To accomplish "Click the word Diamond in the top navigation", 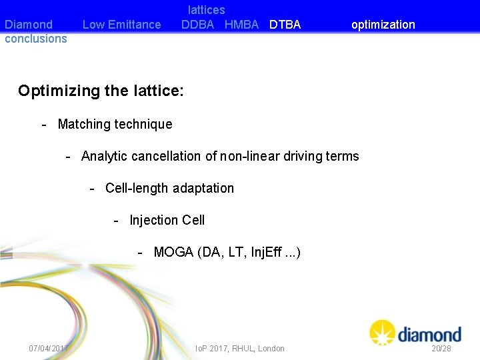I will (29, 25).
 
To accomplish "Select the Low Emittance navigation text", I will (121, 25).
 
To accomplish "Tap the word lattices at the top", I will (206, 10).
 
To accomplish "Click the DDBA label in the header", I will (198, 25).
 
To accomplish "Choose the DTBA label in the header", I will (285, 25).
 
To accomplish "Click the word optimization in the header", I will (383, 25).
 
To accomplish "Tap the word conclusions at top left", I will (36, 39).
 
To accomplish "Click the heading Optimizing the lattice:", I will (101, 91).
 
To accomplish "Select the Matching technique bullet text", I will (115, 124).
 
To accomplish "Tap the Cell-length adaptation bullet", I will (169, 188).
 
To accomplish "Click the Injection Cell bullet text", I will (167, 220).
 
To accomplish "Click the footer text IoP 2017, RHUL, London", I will (239, 348).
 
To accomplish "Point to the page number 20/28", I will (441, 348).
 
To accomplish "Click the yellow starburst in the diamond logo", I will (383, 332).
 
